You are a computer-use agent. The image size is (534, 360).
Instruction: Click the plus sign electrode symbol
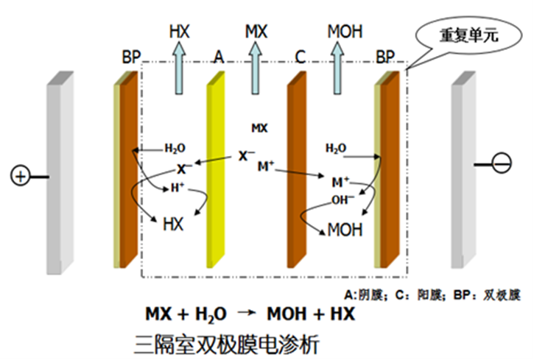20,177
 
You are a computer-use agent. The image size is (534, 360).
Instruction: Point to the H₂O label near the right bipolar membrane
336,149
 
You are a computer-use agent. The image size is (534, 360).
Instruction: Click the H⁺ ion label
178,188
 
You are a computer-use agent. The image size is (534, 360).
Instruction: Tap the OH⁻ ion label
342,199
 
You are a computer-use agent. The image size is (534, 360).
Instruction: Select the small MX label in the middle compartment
259,128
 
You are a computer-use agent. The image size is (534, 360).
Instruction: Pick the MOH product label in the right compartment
345,229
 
